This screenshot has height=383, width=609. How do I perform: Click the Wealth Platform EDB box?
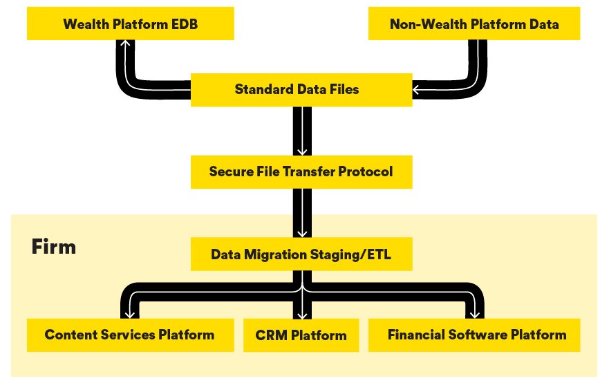click(131, 24)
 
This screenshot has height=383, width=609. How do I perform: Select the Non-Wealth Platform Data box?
click(474, 24)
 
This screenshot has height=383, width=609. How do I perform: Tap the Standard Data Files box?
click(301, 89)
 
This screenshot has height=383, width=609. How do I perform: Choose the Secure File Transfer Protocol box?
click(301, 171)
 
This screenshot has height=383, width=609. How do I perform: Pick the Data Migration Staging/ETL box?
click(301, 254)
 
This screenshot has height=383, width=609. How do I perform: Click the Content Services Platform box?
click(129, 335)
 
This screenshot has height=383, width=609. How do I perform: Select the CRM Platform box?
click(301, 336)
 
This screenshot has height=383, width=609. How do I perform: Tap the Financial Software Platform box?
click(477, 335)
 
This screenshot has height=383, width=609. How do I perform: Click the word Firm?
click(53, 247)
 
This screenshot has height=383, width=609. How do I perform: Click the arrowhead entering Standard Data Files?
click(418, 89)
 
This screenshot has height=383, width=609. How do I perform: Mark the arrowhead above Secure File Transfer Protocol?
click(301, 150)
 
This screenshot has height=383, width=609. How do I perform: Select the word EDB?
click(183, 24)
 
